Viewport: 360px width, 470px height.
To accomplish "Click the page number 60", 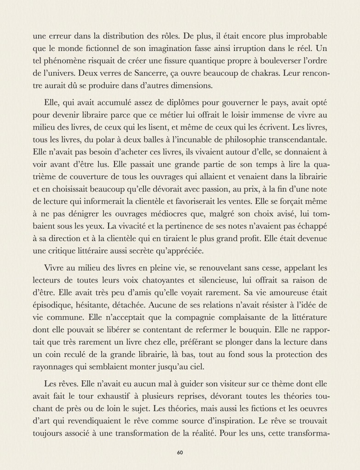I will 180,453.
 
